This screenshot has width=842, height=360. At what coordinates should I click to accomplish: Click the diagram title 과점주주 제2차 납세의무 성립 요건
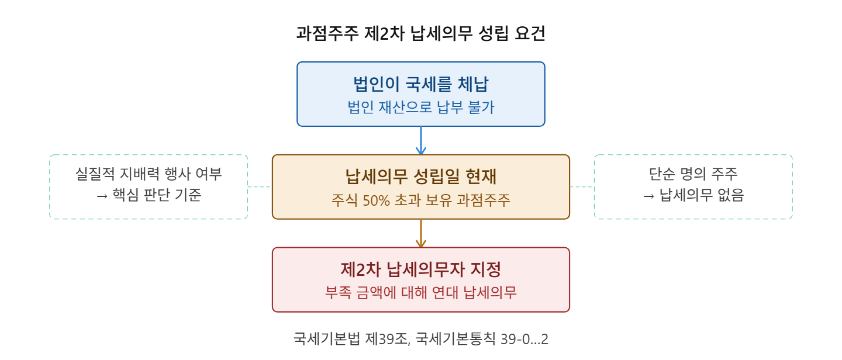coord(421,34)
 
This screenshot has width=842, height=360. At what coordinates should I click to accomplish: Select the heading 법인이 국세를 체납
coord(421,84)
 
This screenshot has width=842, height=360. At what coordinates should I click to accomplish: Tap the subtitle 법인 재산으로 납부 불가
coord(421,108)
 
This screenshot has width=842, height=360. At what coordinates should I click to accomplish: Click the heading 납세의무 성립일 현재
coord(421,176)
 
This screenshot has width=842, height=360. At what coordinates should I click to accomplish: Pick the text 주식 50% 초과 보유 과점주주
coord(421,200)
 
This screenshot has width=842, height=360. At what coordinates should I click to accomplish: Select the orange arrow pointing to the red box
coord(421,233)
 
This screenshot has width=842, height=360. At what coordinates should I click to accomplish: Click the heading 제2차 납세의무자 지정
coord(421,269)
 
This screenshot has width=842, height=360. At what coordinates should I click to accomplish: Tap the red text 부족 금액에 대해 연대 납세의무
coord(421,293)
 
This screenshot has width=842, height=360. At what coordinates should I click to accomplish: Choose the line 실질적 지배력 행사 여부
coord(149,174)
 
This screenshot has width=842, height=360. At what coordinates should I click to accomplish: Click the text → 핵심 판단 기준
coord(149,196)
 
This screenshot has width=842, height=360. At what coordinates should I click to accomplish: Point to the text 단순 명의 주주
coord(693,174)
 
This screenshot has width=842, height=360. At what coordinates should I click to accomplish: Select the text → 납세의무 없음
coord(693,196)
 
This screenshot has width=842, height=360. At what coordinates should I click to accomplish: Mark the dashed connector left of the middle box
coord(260,187)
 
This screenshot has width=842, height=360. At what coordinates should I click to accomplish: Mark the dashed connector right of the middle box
coord(582,187)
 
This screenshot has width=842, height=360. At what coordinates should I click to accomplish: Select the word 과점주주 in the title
coord(327,34)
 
